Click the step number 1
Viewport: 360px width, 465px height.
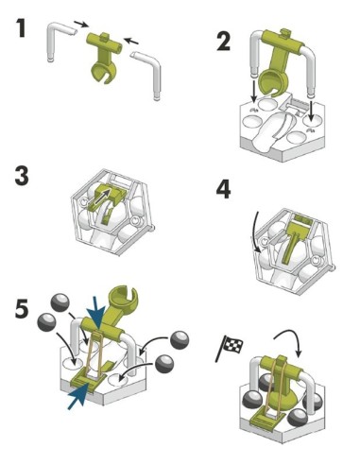point(21,28)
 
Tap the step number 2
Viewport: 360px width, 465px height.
point(223,42)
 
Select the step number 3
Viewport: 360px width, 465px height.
point(22,176)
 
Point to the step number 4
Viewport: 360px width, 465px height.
point(223,189)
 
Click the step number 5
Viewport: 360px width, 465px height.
point(22,308)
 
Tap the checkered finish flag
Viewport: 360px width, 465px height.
point(229,348)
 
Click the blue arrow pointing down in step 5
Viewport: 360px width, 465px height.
point(97,312)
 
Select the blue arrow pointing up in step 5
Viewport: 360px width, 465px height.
point(77,397)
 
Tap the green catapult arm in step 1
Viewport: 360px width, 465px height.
point(104,57)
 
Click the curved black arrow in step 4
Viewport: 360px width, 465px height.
point(257,232)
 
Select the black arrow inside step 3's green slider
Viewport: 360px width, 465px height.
point(102,198)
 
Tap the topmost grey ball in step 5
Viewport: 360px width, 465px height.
point(60,302)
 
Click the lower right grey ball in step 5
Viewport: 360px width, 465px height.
point(164,364)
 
